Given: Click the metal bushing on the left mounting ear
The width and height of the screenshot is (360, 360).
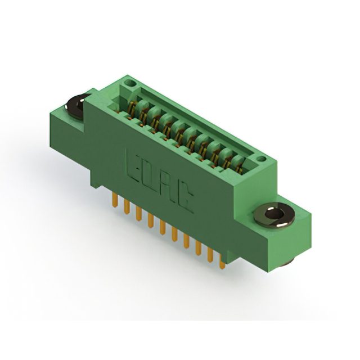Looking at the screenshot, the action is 76,106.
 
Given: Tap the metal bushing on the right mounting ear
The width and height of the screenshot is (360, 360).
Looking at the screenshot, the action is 274,215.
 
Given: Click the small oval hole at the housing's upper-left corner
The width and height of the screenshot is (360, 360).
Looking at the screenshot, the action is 130,83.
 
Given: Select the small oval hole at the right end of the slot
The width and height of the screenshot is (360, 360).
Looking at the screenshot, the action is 261,159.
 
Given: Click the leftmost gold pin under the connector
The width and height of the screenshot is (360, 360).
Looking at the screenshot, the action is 115,200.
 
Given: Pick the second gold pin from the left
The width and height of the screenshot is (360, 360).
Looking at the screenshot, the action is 127,206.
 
